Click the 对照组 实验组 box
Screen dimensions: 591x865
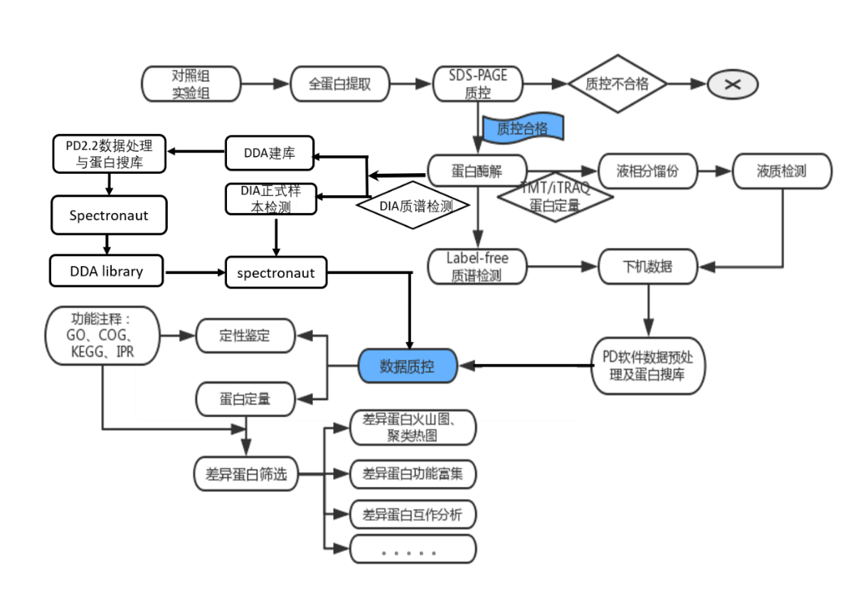191,84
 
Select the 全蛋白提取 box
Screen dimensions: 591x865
340,84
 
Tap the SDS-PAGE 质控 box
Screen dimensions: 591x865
477,84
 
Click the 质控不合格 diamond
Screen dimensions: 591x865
617,84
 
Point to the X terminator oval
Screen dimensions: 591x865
733,84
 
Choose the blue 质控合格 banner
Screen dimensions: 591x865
523,128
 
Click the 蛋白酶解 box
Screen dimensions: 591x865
477,172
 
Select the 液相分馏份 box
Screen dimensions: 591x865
647,172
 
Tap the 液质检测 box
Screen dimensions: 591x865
782,172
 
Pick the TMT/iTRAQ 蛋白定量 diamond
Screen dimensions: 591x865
555,199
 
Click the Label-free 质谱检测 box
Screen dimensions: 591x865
477,267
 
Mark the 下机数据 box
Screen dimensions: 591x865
647,267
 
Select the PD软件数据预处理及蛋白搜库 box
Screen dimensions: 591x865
647,366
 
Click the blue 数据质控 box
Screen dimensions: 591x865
407,367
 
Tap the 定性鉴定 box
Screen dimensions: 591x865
245,335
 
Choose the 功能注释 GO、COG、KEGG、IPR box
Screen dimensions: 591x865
103,335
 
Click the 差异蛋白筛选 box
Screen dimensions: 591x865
245,474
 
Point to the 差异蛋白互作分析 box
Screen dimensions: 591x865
413,514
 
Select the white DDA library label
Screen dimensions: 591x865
107,271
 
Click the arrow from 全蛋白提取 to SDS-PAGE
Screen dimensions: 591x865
411,84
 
